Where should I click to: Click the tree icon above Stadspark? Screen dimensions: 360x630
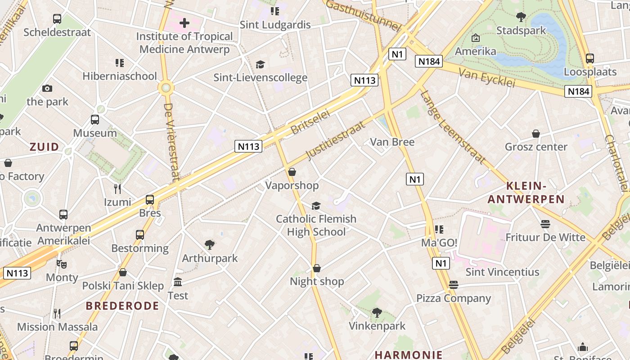click(x=521, y=17)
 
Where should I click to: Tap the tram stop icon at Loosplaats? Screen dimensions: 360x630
click(x=589, y=58)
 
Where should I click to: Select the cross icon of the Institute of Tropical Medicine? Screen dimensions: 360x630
click(x=184, y=22)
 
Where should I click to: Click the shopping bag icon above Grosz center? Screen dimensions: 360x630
click(x=536, y=134)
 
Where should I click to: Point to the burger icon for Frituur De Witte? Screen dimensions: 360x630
click(x=545, y=224)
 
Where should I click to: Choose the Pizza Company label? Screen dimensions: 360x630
click(x=453, y=298)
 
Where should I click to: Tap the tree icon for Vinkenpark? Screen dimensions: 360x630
click(x=377, y=312)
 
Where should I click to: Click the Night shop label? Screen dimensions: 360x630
click(x=317, y=282)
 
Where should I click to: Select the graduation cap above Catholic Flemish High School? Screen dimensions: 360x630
click(x=316, y=206)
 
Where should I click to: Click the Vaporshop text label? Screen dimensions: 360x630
click(x=292, y=185)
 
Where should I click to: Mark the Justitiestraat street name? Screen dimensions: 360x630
click(x=336, y=140)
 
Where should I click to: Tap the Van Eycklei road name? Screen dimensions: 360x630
click(x=487, y=78)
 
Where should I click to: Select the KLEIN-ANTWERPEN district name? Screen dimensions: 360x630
click(x=526, y=192)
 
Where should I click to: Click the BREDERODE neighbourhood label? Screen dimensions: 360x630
click(x=122, y=306)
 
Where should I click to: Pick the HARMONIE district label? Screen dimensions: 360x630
click(x=409, y=355)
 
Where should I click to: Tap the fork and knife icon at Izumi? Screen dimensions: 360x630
click(x=117, y=189)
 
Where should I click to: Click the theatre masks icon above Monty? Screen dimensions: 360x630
click(x=61, y=264)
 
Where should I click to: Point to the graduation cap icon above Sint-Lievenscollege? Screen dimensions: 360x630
click(x=260, y=64)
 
